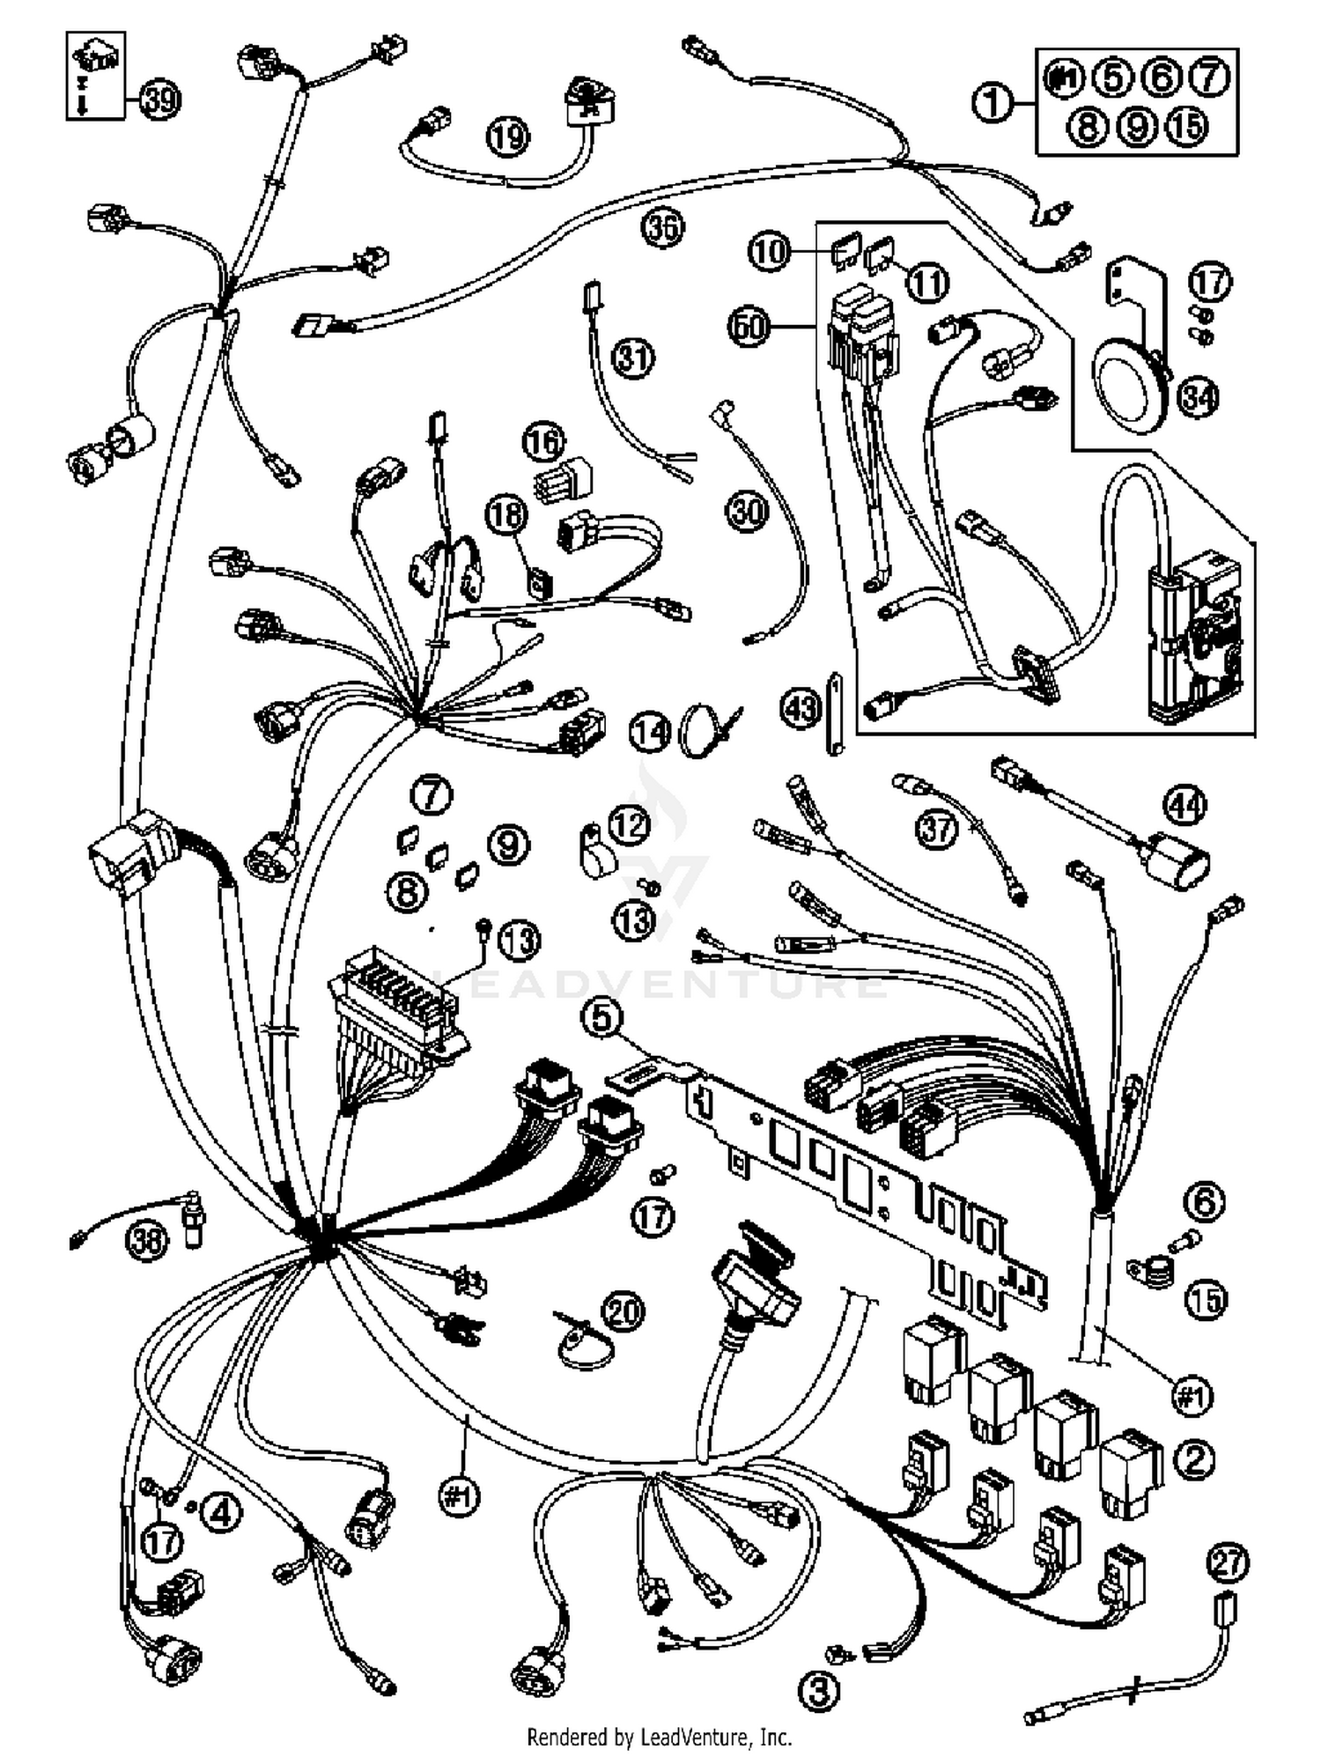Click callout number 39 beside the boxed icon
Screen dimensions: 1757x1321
(x=159, y=100)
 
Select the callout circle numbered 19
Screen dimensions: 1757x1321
(x=508, y=136)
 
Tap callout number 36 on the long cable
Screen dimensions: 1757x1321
(x=662, y=227)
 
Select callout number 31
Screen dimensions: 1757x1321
(x=633, y=358)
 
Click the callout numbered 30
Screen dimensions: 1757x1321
(x=747, y=511)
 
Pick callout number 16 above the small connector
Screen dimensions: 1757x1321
(x=544, y=441)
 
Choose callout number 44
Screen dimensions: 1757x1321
(x=1185, y=805)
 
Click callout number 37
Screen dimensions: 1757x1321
(x=935, y=829)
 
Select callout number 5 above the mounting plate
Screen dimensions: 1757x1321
(x=601, y=1017)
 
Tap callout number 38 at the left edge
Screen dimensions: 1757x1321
(x=146, y=1242)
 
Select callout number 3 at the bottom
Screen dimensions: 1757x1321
(x=819, y=1689)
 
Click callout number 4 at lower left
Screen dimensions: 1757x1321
(x=220, y=1513)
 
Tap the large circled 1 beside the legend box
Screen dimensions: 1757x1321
(x=993, y=104)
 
